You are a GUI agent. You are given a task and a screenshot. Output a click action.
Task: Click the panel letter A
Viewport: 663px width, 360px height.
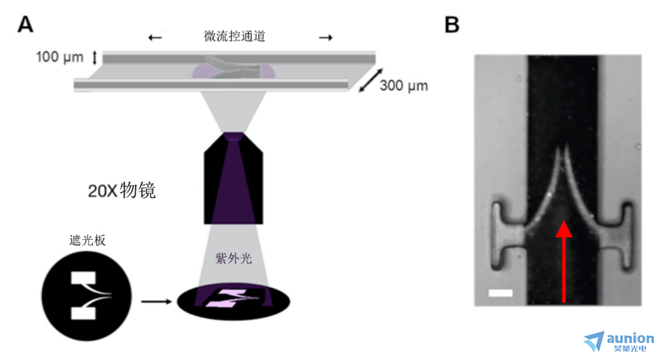click(x=25, y=24)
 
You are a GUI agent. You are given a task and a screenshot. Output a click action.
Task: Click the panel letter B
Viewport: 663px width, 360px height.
click(x=452, y=24)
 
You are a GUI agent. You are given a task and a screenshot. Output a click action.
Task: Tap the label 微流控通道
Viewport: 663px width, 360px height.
click(x=234, y=36)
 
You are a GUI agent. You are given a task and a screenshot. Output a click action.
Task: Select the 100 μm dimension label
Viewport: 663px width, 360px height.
click(x=60, y=57)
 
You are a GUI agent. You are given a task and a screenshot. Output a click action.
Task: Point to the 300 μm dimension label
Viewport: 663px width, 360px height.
click(x=403, y=85)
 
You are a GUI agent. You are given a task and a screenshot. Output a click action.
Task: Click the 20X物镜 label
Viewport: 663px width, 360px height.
click(x=121, y=191)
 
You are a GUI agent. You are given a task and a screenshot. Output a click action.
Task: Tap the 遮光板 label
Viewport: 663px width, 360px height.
click(x=87, y=240)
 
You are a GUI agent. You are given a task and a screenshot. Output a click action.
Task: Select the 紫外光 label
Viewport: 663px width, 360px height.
click(x=233, y=258)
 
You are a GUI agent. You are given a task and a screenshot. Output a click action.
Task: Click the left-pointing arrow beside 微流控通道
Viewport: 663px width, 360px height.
click(x=155, y=38)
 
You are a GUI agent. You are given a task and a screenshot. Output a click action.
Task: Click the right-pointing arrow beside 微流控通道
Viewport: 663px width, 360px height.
click(x=325, y=38)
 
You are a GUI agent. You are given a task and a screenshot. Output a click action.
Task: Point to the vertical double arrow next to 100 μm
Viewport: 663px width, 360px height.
click(x=95, y=57)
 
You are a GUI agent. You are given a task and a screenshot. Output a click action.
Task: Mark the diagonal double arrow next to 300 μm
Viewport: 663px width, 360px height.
click(x=371, y=80)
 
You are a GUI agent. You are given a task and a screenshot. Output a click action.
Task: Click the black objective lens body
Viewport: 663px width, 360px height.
click(x=233, y=178)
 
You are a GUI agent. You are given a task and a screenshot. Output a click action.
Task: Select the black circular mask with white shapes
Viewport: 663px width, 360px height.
click(x=87, y=296)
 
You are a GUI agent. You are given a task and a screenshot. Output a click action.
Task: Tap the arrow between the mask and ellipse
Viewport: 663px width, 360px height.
click(x=157, y=302)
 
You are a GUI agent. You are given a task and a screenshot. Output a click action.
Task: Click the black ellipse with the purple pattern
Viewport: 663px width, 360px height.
click(x=233, y=302)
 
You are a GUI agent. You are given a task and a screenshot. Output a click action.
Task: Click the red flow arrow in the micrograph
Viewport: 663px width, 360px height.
click(x=564, y=262)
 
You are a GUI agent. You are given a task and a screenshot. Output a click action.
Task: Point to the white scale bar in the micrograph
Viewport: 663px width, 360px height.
click(x=500, y=293)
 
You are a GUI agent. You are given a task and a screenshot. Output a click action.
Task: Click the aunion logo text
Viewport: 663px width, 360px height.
click(x=630, y=339)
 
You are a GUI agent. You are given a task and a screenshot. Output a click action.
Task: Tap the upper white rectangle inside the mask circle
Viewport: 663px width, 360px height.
click(x=83, y=278)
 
